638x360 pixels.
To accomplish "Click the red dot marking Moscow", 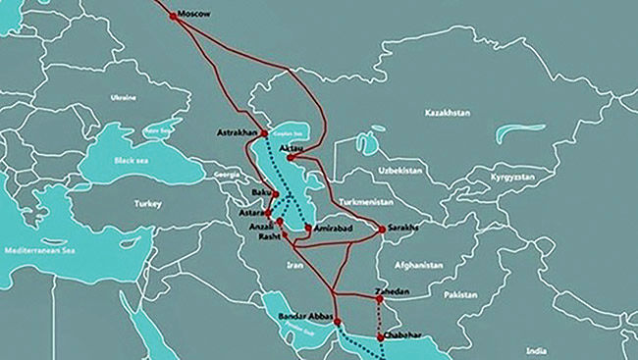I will [x=174, y=16].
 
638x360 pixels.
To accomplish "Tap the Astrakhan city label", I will [x=236, y=132].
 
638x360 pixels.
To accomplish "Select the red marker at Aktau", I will [x=291, y=157].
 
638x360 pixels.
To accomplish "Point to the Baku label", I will [x=261, y=192].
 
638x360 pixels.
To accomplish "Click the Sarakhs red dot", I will [x=381, y=230].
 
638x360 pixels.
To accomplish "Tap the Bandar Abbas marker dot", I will [x=337, y=321].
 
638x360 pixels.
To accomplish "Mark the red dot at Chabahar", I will [x=380, y=335].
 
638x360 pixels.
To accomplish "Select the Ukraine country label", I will [x=123, y=97].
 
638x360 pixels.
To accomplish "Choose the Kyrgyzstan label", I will [x=513, y=178].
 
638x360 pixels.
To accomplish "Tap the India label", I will [x=536, y=350].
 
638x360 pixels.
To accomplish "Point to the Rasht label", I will [x=270, y=237].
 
